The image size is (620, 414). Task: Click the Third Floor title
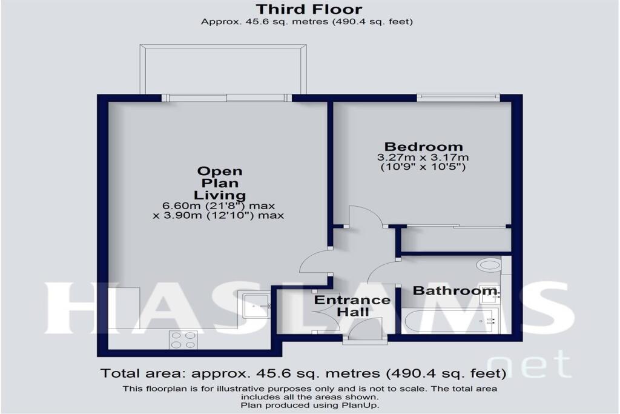309,9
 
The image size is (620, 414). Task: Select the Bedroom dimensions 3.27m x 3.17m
423,158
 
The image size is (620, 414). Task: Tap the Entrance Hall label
352,306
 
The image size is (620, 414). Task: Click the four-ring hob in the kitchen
183,339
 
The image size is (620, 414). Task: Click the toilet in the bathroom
488,265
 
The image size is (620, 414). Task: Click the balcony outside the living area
223,70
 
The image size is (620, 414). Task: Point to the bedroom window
458,95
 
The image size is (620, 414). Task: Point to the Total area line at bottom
303,373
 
